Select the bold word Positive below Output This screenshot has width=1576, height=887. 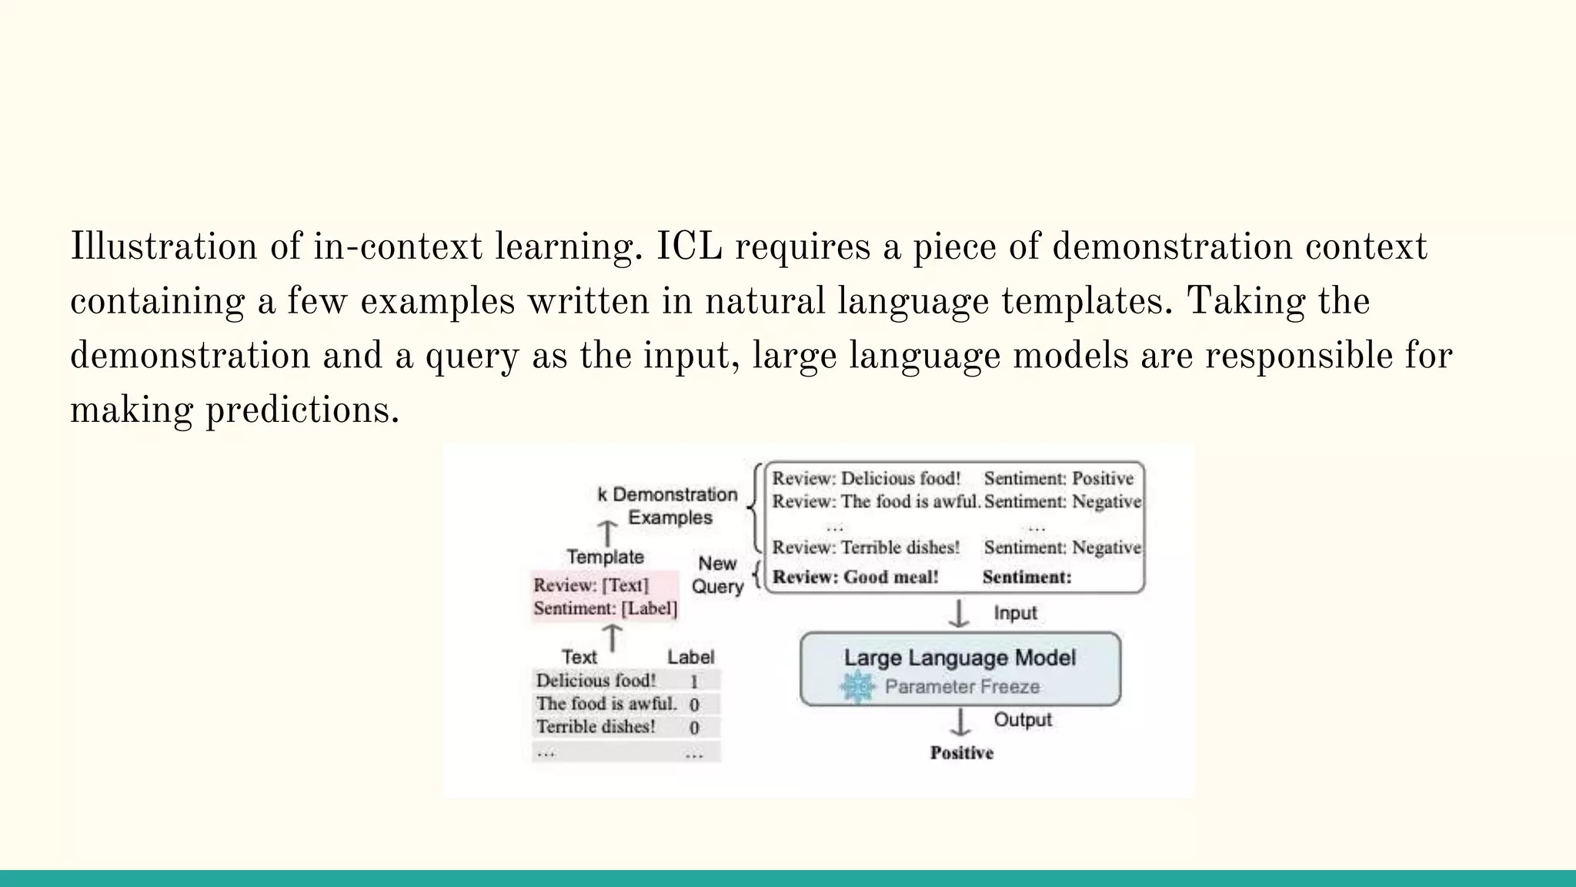click(x=961, y=753)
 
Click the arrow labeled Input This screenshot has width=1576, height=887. click(x=959, y=614)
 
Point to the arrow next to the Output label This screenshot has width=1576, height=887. click(x=960, y=722)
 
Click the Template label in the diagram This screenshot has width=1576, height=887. click(x=605, y=557)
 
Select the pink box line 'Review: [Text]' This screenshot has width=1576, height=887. click(x=591, y=585)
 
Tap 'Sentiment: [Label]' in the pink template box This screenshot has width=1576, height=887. click(x=606, y=608)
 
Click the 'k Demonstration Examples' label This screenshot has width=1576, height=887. click(x=667, y=506)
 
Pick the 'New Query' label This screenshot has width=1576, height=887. click(x=717, y=575)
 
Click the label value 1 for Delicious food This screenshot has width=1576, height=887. click(x=693, y=681)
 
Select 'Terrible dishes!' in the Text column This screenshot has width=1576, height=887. click(x=596, y=727)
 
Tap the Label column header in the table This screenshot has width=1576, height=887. click(x=690, y=657)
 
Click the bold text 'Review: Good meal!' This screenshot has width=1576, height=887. click(x=855, y=577)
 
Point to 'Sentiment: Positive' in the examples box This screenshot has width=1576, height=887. click(x=1058, y=478)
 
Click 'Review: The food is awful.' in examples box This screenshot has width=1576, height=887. click(x=876, y=502)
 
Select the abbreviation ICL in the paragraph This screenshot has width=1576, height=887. click(x=689, y=247)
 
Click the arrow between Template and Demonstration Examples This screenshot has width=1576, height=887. click(x=608, y=533)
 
